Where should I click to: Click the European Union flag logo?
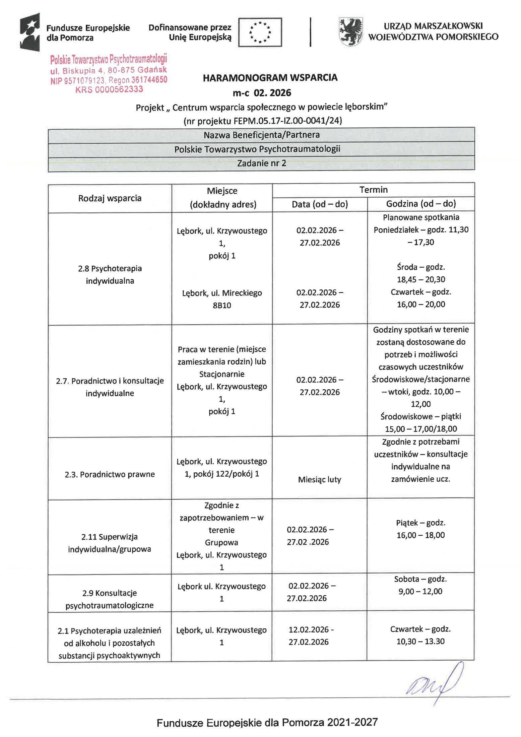coord(260,32)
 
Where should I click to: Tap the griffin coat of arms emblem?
coord(350,32)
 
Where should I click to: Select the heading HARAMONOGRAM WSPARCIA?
coord(270,78)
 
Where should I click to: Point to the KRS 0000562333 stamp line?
coord(109,89)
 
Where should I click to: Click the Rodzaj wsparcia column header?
coord(110,198)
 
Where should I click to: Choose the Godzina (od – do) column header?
coord(421,204)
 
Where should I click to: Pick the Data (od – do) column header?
coord(320,204)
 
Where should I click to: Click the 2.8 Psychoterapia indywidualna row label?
coord(110,275)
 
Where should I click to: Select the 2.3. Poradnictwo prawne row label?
coord(110,474)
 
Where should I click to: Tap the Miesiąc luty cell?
coord(319,480)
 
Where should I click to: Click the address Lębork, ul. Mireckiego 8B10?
coord(222,299)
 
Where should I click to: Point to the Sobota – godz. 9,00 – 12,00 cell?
coord(420,585)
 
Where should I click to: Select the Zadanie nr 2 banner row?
coord(261,164)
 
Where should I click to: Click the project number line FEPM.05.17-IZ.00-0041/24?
coord(263,121)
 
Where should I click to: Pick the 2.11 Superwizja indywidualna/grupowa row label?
coord(110,543)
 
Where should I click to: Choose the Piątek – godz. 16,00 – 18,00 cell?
coord(420,529)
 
